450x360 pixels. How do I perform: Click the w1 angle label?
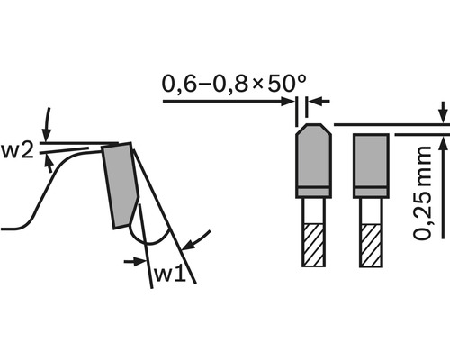[172, 271]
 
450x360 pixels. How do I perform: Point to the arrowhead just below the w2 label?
[49, 161]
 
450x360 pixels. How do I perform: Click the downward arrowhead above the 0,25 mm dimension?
[443, 118]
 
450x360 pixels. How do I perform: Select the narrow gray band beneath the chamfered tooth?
[312, 192]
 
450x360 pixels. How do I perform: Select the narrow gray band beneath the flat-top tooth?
[370, 192]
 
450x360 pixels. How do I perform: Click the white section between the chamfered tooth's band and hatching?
[312, 210]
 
